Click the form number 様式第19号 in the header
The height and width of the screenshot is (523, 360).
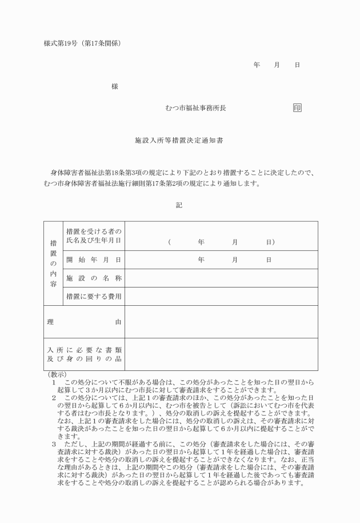(x=59, y=43)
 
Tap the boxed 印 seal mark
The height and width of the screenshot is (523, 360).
(x=297, y=107)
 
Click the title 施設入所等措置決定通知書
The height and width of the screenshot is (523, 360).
(x=179, y=139)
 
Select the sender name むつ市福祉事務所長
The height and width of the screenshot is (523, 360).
(x=195, y=107)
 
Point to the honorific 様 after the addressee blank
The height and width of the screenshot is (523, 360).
(x=114, y=86)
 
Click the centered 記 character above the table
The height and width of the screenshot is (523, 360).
(x=179, y=205)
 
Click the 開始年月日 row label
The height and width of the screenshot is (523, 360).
(x=94, y=259)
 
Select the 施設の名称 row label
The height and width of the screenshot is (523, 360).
(x=94, y=278)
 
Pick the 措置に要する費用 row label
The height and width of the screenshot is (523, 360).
(x=94, y=296)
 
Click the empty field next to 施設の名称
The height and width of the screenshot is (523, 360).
(x=221, y=278)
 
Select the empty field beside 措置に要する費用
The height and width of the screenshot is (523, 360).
(x=221, y=296)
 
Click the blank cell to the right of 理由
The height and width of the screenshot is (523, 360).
(x=221, y=322)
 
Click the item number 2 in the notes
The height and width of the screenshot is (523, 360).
(x=54, y=397)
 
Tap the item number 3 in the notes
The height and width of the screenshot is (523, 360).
(x=54, y=443)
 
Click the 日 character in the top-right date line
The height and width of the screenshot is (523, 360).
(x=297, y=65)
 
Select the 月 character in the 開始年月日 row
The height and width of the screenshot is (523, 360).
(x=234, y=259)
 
